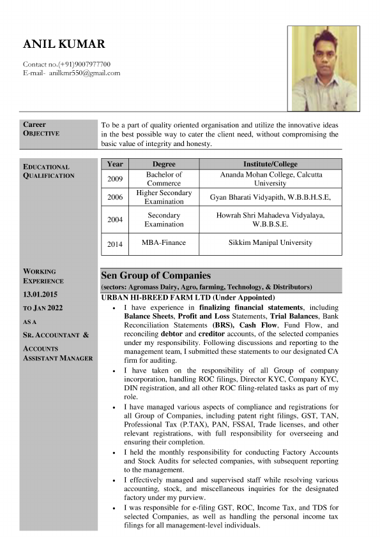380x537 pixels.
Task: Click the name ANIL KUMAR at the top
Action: [64, 44]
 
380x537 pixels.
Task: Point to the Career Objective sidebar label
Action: [42, 129]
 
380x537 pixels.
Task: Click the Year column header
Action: [115, 164]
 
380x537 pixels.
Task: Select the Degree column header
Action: [163, 164]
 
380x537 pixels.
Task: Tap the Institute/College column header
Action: [270, 164]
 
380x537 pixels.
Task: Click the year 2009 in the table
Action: [115, 179]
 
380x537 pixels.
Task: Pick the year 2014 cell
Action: [115, 243]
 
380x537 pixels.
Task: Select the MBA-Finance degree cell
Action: [163, 243]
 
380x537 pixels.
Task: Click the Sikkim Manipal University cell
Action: [270, 243]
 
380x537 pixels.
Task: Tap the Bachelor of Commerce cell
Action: [163, 179]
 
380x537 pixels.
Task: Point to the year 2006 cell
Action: [115, 197]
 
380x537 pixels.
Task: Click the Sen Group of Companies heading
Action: [156, 276]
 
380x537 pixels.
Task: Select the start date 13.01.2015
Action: [40, 294]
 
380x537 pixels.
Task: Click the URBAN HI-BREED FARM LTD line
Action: [188, 298]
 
